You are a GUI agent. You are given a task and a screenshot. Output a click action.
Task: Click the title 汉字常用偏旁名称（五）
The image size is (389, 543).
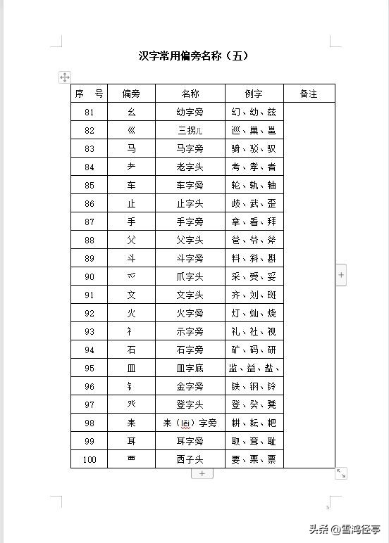click(194, 56)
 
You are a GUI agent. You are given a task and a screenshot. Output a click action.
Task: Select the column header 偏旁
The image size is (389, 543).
click(131, 94)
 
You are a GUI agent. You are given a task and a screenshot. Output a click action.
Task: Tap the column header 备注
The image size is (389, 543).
click(309, 94)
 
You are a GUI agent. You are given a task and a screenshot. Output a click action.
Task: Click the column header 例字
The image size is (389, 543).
click(254, 94)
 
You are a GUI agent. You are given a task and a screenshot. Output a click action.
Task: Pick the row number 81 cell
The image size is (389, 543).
click(89, 112)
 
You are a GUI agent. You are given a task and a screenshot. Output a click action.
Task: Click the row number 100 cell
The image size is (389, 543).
click(89, 459)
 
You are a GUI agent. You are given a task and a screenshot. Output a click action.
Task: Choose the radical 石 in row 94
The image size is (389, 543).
click(131, 350)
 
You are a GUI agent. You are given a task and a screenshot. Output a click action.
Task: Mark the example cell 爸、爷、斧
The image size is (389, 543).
click(254, 240)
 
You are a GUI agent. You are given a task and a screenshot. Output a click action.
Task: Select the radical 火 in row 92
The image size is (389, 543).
click(131, 313)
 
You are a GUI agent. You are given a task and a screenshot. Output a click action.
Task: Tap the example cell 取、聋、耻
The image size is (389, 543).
click(254, 441)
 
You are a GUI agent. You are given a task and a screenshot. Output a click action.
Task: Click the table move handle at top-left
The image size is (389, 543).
click(64, 77)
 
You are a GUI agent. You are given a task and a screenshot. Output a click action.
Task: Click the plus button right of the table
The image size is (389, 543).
click(341, 275)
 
